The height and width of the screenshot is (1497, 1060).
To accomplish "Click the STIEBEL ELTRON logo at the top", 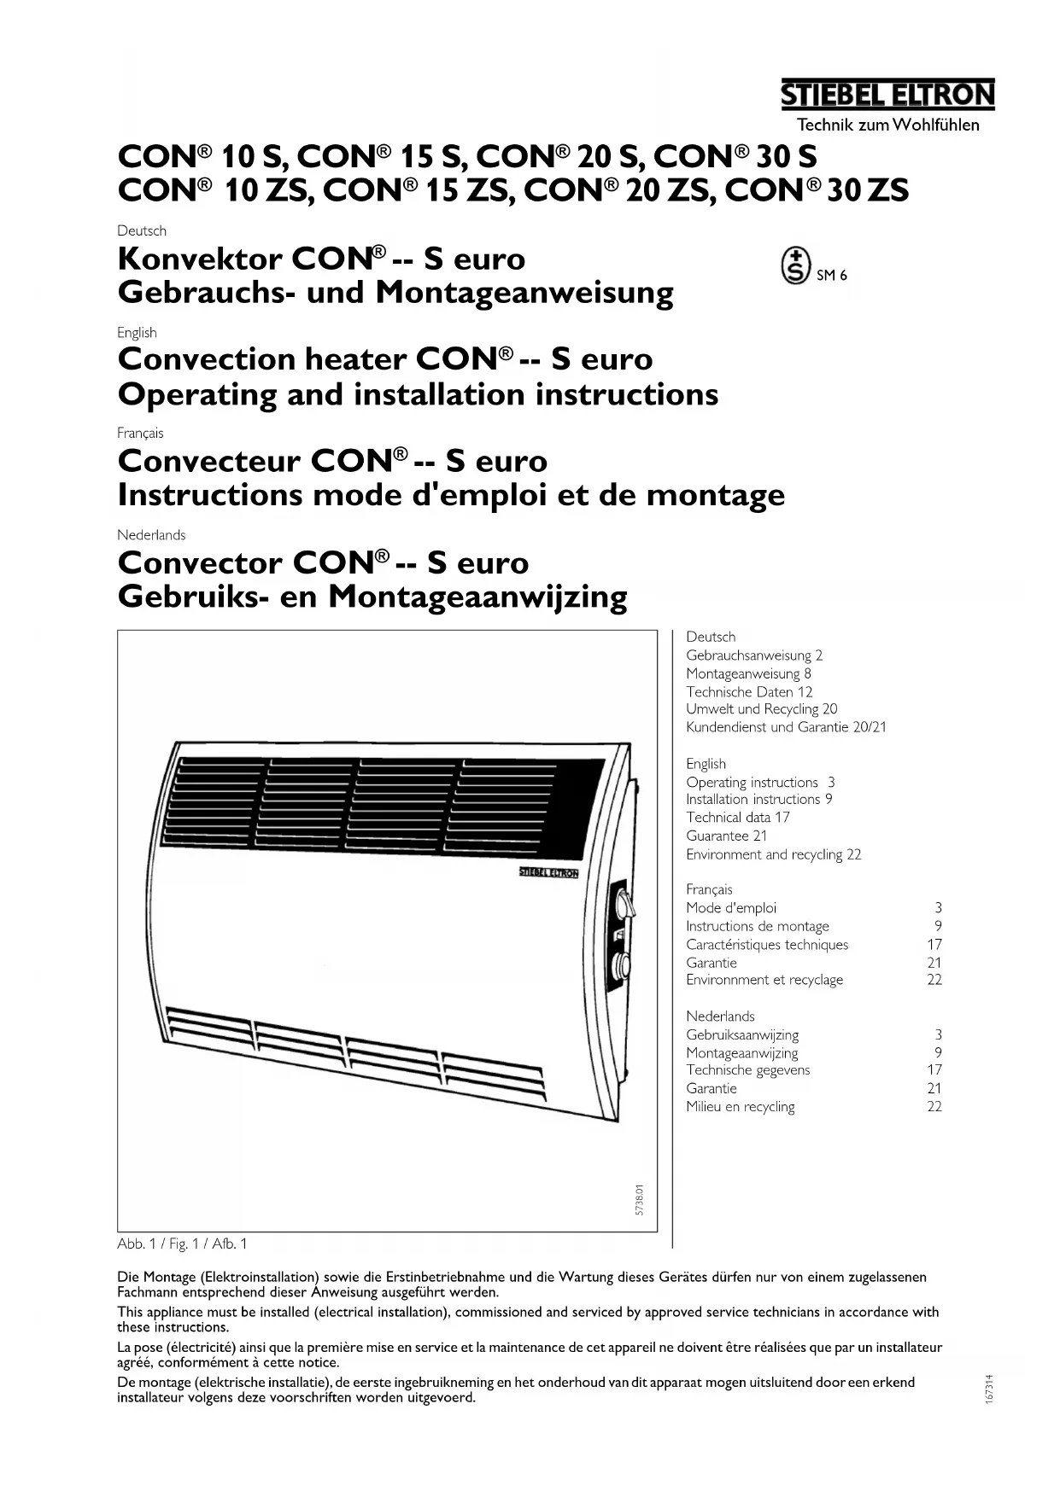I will click(888, 95).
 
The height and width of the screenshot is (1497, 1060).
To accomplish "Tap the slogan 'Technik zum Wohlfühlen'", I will click(887, 125).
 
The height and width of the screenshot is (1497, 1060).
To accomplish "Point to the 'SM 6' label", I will click(832, 275).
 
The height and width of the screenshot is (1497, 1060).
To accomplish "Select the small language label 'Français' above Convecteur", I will click(140, 433).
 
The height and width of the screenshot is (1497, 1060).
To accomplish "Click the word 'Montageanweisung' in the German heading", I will click(524, 293).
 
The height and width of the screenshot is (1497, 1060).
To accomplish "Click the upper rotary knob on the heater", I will click(620, 902).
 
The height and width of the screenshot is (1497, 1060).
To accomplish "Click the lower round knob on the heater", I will click(620, 966).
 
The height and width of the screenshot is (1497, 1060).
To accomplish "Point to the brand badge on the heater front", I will click(549, 872).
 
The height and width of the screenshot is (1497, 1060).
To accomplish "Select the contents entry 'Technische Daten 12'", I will click(749, 692).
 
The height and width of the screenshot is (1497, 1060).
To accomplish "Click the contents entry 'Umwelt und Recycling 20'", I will click(761, 709).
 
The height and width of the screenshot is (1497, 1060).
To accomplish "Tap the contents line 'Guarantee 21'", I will click(726, 836).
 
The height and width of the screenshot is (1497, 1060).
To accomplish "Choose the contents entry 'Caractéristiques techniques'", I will click(767, 945).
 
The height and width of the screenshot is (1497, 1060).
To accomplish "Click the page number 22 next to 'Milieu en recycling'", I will click(934, 1106).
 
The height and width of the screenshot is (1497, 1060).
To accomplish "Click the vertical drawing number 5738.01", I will click(640, 1200).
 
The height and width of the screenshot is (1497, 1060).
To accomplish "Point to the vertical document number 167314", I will click(988, 1389).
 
